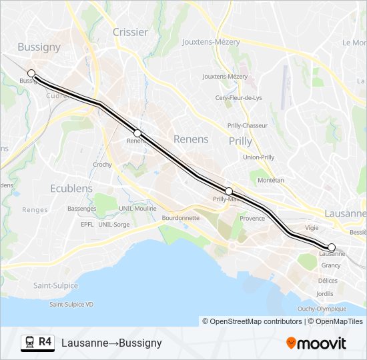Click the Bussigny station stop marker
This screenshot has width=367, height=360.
tap(31, 73)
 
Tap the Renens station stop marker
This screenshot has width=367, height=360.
tap(137, 133)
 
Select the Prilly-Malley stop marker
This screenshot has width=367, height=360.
tap(229, 191)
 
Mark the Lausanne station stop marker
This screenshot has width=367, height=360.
tap(332, 247)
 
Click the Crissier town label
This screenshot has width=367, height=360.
tap(130, 31)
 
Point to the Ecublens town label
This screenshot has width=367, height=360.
tap(71, 189)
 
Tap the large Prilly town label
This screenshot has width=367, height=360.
tap(240, 141)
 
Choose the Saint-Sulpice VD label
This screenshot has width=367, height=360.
tap(71, 304)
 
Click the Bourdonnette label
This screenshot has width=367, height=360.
tap(180, 217)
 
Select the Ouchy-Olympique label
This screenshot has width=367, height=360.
tap(322, 308)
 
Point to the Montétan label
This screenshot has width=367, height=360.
tap(270, 180)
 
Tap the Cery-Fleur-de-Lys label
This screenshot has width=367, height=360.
tap(238, 98)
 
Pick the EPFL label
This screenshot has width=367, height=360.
tap(87, 225)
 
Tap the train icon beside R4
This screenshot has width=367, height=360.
tap(29, 342)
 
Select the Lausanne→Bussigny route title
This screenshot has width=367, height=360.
tap(111, 343)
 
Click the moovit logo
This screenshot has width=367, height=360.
tap(316, 343)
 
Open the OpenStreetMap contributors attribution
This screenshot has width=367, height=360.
tap(252, 321)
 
